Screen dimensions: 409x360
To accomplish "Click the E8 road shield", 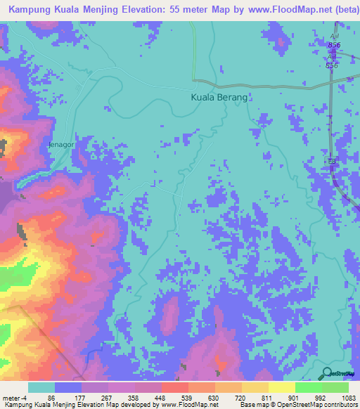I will (x=333, y=162).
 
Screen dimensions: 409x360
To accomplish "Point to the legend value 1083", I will (x=348, y=397).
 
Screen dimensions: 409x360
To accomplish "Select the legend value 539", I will (x=186, y=397).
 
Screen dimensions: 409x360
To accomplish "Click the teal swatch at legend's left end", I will (x=41, y=387).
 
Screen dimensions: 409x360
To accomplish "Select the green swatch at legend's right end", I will (x=335, y=387).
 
